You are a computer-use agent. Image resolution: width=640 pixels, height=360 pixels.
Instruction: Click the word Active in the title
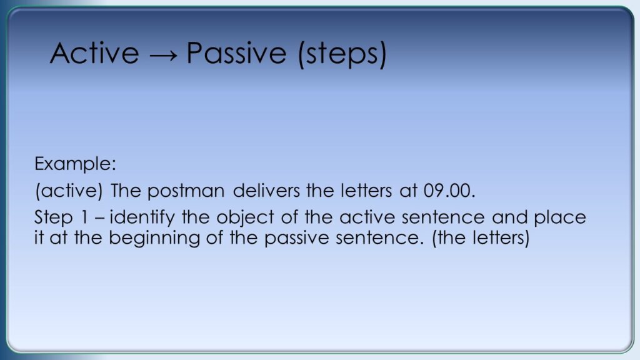(x=94, y=53)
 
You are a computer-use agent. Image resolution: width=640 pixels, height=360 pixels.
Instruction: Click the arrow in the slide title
(x=163, y=55)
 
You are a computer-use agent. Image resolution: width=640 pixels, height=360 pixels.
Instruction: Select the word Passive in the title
(x=236, y=53)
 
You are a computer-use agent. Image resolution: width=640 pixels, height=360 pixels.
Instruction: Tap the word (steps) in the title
(x=342, y=54)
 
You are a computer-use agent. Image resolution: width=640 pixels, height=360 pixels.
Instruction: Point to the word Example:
(x=76, y=164)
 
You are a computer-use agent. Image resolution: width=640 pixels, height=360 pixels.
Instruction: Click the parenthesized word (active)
(x=69, y=191)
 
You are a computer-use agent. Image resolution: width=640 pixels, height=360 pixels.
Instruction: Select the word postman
(x=186, y=191)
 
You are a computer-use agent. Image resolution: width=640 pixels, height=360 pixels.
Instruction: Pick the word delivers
(x=266, y=191)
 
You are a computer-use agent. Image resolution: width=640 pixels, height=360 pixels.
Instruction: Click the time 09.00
(x=449, y=191)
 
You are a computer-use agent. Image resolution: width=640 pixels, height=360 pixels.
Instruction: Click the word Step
(x=54, y=217)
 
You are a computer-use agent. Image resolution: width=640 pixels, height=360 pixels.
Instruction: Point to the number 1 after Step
(x=85, y=217)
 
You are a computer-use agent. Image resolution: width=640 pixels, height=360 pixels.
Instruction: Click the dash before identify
(x=99, y=219)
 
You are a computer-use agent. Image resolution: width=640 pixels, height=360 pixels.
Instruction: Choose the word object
(x=245, y=218)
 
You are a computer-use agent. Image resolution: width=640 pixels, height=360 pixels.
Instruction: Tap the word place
(x=560, y=218)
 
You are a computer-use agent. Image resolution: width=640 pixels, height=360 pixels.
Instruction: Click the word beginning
(x=154, y=238)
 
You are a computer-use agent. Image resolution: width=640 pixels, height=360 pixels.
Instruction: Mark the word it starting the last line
(x=39, y=238)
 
